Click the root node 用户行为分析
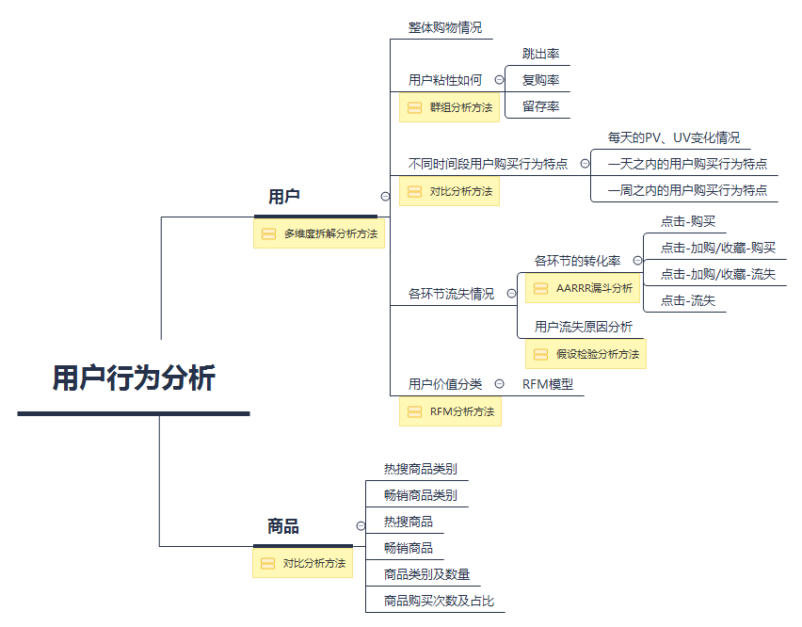click(134, 378)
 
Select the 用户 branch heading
click(284, 197)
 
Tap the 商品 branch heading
click(283, 526)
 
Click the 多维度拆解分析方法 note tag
click(319, 233)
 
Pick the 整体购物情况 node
click(444, 28)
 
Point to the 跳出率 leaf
click(540, 54)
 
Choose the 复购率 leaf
click(540, 80)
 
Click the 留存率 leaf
click(540, 106)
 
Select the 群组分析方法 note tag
click(450, 107)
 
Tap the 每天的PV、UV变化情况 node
click(673, 137)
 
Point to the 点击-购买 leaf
click(687, 221)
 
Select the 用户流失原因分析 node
click(584, 327)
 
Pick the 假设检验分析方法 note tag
click(585, 354)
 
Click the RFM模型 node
click(548, 384)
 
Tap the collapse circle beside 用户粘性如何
click(499, 80)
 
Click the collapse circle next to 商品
click(361, 526)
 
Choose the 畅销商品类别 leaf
click(421, 495)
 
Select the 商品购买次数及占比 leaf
click(439, 601)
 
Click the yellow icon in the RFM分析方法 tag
click(414, 411)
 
